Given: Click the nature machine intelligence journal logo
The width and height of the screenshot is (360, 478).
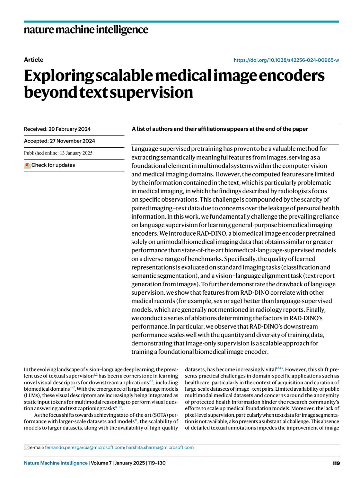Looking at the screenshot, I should [86, 30].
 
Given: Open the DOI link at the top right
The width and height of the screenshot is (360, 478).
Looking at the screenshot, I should [286, 60].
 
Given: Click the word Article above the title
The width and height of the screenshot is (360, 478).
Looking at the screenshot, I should [34, 60].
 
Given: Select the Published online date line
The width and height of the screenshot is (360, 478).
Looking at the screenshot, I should [58, 153].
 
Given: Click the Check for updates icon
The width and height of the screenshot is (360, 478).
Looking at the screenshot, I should [27, 165].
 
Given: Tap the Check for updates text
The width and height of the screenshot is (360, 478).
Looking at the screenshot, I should [53, 165].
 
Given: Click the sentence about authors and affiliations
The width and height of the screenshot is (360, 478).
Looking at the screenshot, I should [220, 129].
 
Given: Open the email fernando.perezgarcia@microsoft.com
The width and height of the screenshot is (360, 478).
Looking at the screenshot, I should [84, 447].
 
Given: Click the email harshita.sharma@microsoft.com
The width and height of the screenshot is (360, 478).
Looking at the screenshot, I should [160, 447].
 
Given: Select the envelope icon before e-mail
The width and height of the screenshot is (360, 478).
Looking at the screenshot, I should [26, 448].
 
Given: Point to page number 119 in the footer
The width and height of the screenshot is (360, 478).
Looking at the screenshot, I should [336, 463].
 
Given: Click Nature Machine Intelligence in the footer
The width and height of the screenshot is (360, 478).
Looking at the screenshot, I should [56, 463].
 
